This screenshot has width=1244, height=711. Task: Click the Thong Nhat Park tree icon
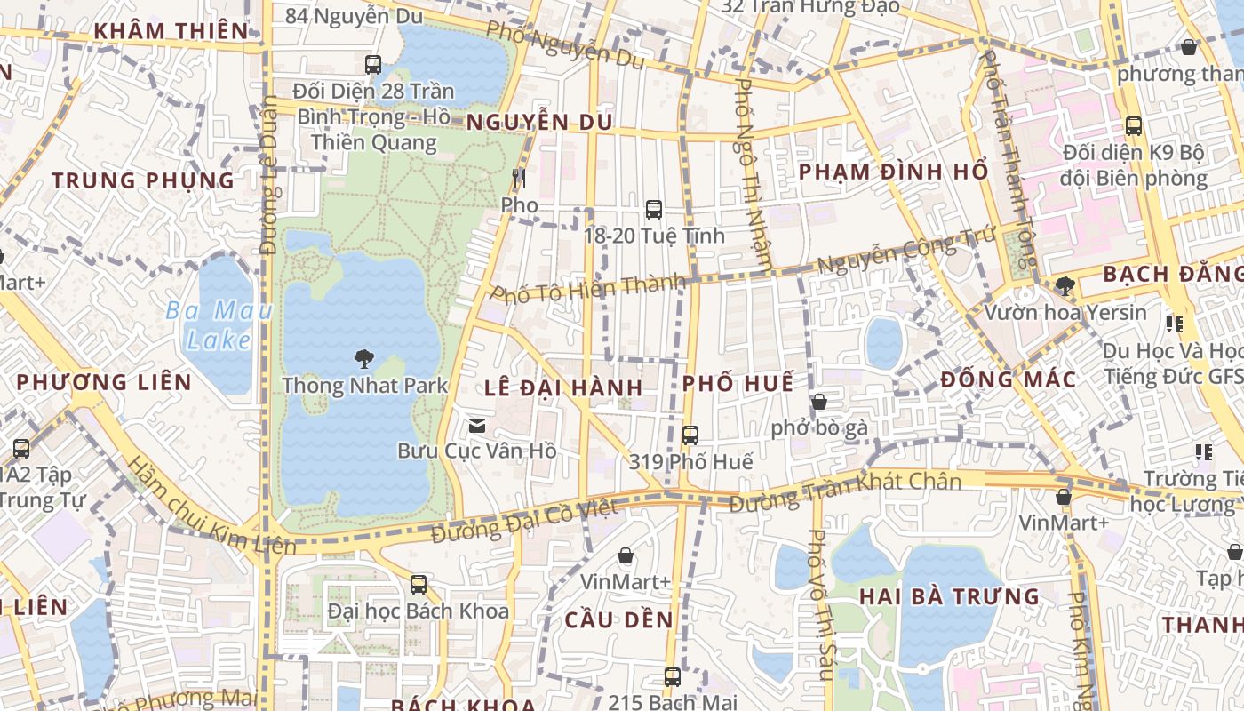pos(363,359)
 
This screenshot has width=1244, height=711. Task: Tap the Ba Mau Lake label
pos(219,325)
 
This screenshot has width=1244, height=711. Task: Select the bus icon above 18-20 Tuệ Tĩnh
pos(654,210)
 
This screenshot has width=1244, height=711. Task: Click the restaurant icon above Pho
pos(519,179)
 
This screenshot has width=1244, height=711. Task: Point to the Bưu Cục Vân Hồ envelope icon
pos(477,426)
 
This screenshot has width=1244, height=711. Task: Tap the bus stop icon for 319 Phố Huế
pos(690,435)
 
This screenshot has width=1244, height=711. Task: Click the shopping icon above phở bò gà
pos(818,402)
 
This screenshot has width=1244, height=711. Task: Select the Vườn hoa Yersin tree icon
pos(1065,286)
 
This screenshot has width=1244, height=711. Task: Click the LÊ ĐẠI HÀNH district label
pos(563,387)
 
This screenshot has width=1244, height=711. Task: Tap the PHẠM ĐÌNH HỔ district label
pos(893,172)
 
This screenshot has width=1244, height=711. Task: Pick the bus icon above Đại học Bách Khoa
pos(419,585)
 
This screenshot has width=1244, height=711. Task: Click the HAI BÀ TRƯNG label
pos(949,596)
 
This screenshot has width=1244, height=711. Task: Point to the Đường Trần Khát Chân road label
pos(845,492)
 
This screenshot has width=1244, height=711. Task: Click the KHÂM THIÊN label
pos(171,31)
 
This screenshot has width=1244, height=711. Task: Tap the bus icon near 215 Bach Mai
pos(673,677)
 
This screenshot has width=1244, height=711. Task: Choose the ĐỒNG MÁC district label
pos(1008,380)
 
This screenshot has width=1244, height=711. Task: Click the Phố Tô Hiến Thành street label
pos(588,289)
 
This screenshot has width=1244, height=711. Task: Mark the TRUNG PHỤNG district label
pos(143,180)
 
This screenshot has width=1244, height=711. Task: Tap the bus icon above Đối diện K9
pos(1133,126)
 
